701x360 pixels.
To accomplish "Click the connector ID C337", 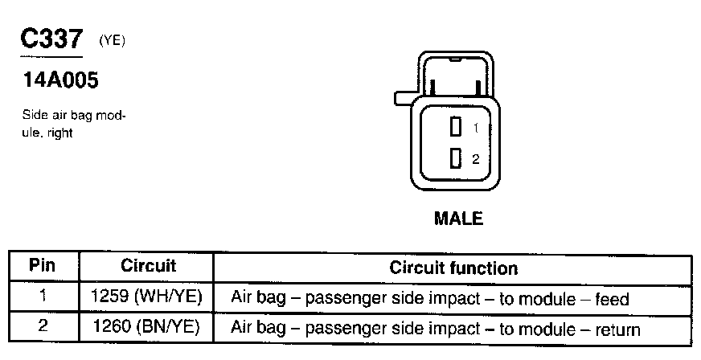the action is (x=51, y=39).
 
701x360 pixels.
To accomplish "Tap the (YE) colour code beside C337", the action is (x=112, y=41).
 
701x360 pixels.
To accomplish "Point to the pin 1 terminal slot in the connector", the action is (x=455, y=127).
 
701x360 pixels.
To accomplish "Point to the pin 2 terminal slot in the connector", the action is (x=455, y=158).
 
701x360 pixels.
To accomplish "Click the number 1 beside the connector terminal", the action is (x=476, y=128).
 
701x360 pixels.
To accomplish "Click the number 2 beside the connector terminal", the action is (x=476, y=159).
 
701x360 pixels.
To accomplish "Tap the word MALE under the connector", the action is (x=458, y=218).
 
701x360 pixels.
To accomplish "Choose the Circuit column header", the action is (x=148, y=265).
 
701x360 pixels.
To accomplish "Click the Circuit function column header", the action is (x=453, y=267).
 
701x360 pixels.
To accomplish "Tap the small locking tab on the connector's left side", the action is (x=402, y=98).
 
